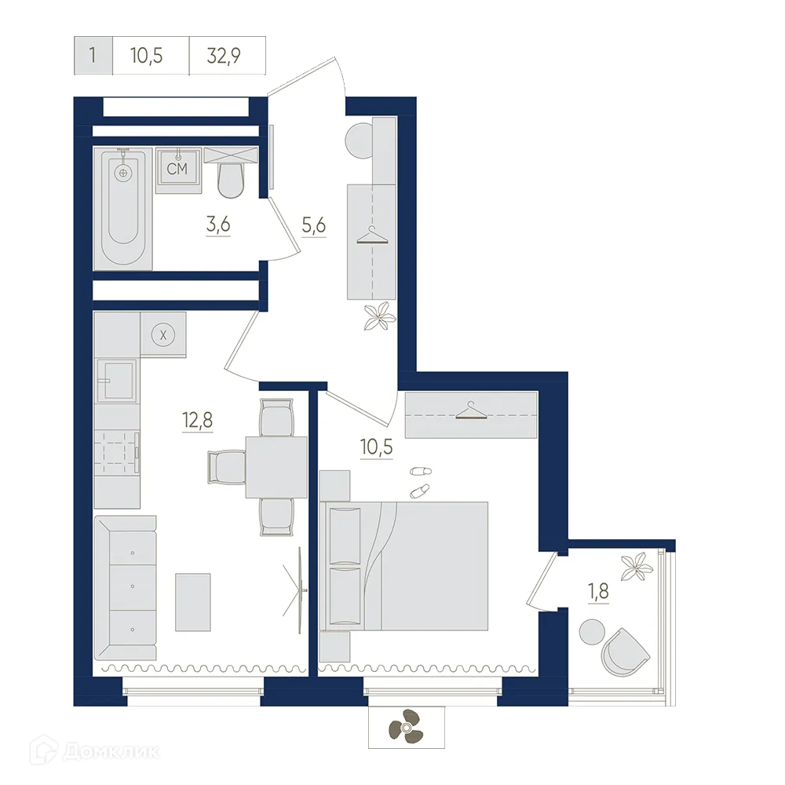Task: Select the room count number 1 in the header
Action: (x=93, y=56)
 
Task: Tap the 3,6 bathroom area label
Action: (x=218, y=225)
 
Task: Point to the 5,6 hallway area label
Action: (x=313, y=225)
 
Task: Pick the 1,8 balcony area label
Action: (x=597, y=590)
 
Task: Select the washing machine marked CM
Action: (x=177, y=170)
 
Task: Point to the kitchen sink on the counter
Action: (x=115, y=381)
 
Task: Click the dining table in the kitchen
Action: (x=276, y=467)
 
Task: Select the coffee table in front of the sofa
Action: (x=193, y=602)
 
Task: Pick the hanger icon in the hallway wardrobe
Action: (x=372, y=236)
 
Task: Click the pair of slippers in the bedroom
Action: (x=420, y=480)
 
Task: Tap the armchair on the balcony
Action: (x=626, y=651)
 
